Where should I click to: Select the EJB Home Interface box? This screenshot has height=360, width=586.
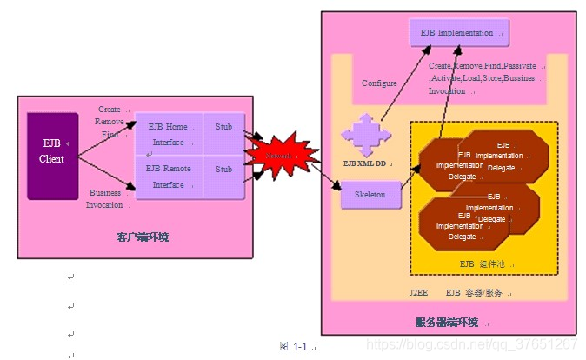point(169,133)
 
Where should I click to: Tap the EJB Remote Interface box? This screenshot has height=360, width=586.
point(169,177)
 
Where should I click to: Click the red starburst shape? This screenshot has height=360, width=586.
point(279,155)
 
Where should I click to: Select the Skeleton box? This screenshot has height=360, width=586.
point(370,195)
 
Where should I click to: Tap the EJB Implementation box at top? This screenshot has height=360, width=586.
point(458,33)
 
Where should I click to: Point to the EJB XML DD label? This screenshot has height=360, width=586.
point(364,163)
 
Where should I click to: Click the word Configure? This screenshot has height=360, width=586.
point(380,83)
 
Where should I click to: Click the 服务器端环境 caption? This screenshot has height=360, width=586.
point(447,323)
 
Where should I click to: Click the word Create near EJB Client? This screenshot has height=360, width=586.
point(110,110)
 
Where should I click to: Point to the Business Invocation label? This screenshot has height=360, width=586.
point(105,199)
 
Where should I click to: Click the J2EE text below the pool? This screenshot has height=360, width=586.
point(420,293)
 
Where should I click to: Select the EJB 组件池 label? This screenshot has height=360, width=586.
point(486,263)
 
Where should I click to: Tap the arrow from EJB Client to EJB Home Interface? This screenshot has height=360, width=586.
point(107,138)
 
